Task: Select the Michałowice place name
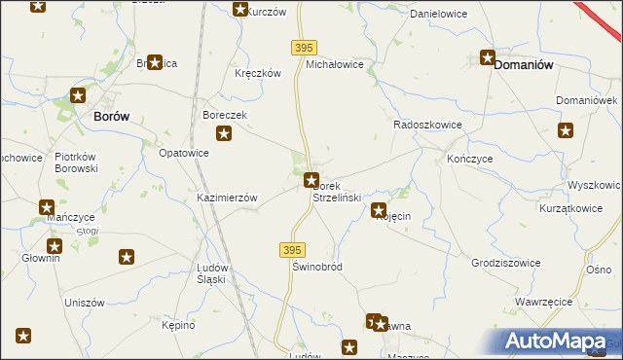(x=335, y=64)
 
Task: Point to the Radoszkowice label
(x=425, y=126)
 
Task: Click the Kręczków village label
(x=258, y=73)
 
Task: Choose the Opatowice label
(x=184, y=154)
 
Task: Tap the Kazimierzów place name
(x=227, y=198)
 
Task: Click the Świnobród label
(x=317, y=266)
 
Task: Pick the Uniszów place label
(x=84, y=303)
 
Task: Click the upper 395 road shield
(x=304, y=48)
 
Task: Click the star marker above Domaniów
(x=488, y=57)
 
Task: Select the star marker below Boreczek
(x=224, y=135)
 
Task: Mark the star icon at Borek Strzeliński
(x=311, y=180)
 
